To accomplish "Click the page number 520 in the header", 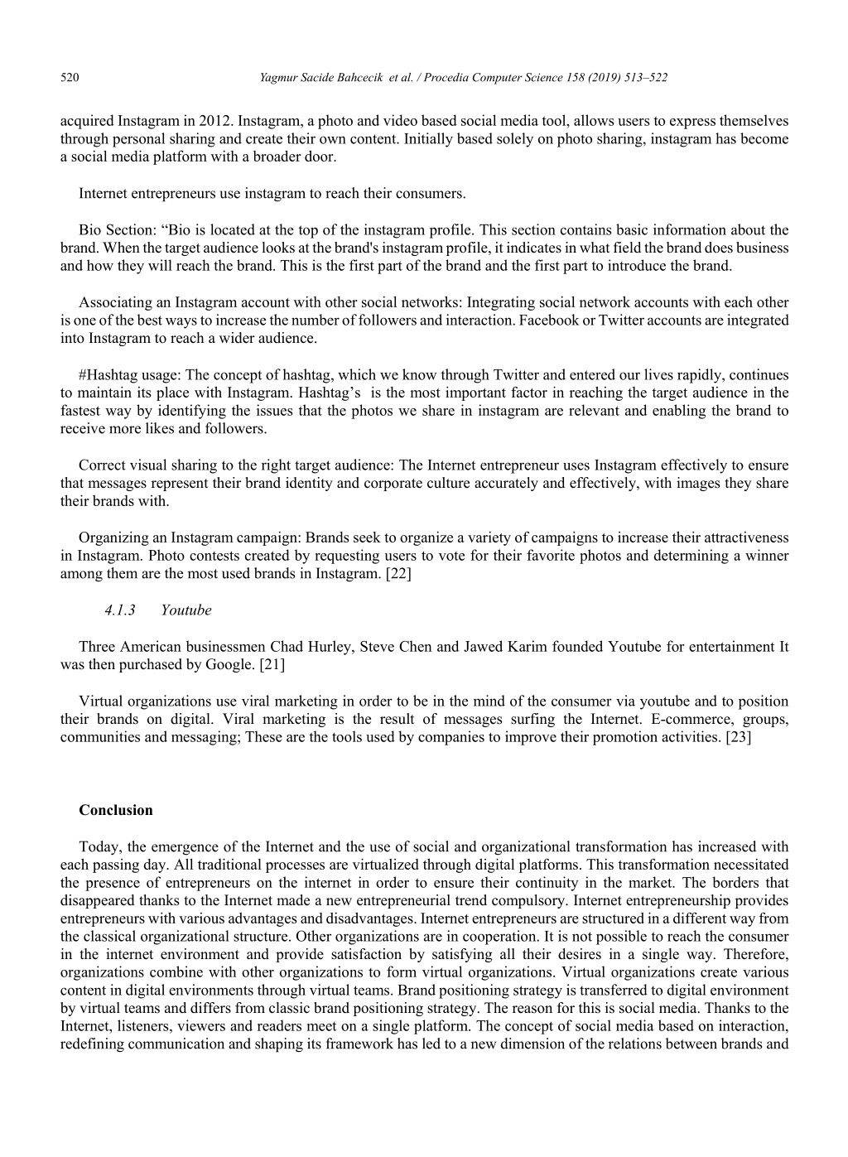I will (70, 78).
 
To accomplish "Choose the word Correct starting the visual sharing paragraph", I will (101, 465).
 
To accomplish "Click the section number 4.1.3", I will (120, 610).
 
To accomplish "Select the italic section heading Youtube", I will (185, 610).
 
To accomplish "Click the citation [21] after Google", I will (271, 664).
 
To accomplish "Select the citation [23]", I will (738, 737).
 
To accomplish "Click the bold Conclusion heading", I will (116, 810).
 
